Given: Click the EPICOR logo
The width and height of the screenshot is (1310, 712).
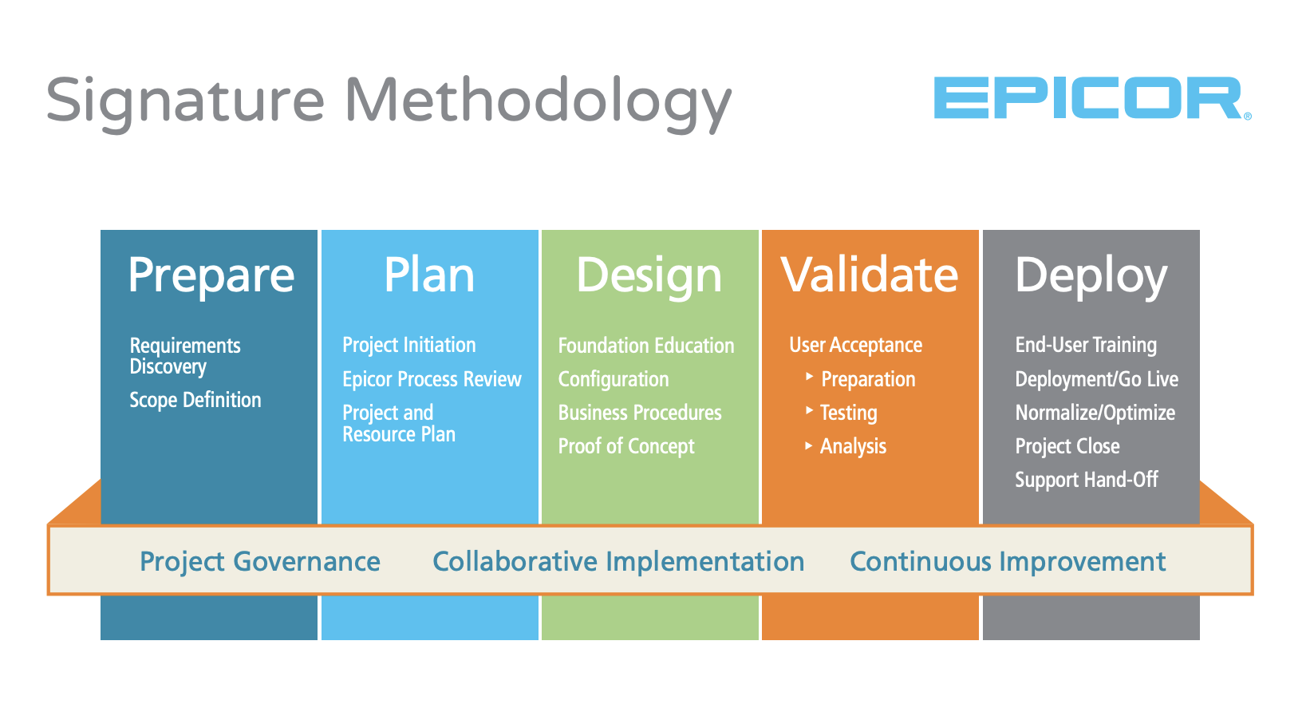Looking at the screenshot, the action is (x=1092, y=97).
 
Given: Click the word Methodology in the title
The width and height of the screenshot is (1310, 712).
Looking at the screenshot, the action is (x=538, y=104).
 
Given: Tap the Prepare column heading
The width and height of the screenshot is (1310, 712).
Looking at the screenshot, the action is (x=211, y=276).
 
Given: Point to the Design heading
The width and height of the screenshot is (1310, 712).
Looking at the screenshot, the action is (x=649, y=277).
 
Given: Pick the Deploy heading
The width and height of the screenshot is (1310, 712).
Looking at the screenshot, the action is (x=1091, y=277).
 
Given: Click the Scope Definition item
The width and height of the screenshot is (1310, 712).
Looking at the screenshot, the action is (x=195, y=400).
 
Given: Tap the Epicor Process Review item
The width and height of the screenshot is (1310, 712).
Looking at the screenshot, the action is (x=432, y=380).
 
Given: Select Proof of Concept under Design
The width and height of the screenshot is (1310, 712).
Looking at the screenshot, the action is (x=626, y=446).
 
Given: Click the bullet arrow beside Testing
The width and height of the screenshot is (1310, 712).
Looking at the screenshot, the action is (x=810, y=410).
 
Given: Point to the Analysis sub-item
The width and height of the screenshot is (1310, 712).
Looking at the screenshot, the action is (x=853, y=447).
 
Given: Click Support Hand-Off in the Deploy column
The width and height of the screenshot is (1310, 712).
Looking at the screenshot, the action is (x=1087, y=480).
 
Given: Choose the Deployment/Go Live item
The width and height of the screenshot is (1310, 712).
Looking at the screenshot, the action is (x=1096, y=380).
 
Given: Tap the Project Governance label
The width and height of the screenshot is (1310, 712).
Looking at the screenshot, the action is (x=259, y=562).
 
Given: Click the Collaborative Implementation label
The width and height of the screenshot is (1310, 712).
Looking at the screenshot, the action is (x=618, y=562).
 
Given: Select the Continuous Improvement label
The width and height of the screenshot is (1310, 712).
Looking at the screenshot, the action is (x=1008, y=562).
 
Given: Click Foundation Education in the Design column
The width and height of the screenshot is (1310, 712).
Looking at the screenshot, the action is (x=645, y=346).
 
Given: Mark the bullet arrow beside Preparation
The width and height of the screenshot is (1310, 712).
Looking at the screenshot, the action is (x=810, y=376).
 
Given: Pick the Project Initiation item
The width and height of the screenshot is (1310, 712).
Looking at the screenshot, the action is (x=408, y=345).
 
